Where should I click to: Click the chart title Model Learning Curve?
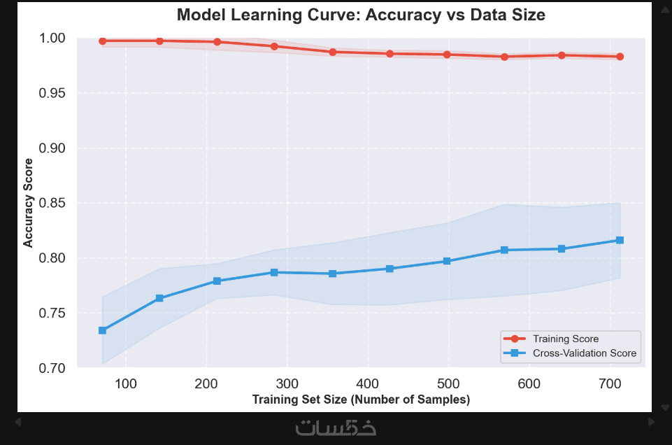point(360,14)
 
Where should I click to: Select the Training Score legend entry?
point(565,339)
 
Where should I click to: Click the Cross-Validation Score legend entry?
point(584,353)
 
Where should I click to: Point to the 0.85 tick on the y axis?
point(53,203)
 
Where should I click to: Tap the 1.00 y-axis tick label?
point(53,38)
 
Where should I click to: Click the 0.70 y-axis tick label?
point(53,368)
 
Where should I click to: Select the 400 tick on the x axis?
point(368,383)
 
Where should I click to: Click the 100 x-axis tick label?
point(126,383)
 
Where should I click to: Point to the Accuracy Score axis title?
point(29,202)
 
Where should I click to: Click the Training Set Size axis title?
point(361,400)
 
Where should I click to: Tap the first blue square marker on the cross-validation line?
point(102,330)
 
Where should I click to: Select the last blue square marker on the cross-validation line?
point(620,240)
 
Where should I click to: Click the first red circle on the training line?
point(102,41)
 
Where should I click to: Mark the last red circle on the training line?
point(620,57)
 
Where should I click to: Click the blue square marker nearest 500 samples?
point(447,261)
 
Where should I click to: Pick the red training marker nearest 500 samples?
point(447,54)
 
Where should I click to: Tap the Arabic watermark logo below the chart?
point(336,426)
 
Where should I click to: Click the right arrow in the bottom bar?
point(652,422)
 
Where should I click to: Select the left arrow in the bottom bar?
point(18,422)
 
